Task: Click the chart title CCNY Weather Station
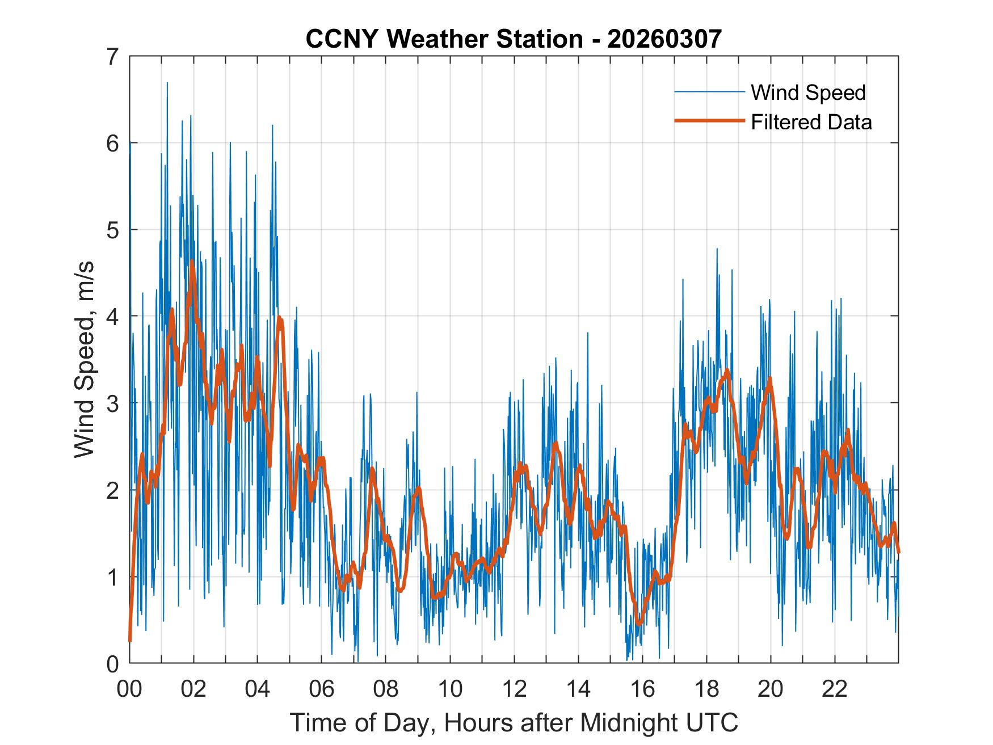click(444, 39)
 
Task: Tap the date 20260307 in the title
click(664, 39)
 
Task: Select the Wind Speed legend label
click(808, 92)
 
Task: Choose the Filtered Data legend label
click(811, 122)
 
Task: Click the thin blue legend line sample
click(709, 92)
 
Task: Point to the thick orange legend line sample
click(709, 121)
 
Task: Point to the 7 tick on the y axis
click(113, 57)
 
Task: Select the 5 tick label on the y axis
click(113, 230)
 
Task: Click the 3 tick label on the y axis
click(113, 403)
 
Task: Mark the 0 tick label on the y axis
click(113, 663)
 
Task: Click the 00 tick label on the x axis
click(129, 689)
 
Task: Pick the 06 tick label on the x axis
click(322, 689)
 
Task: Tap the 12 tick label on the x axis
click(514, 689)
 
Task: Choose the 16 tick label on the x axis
click(642, 689)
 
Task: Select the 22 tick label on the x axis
click(835, 689)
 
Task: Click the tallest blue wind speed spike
click(167, 83)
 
